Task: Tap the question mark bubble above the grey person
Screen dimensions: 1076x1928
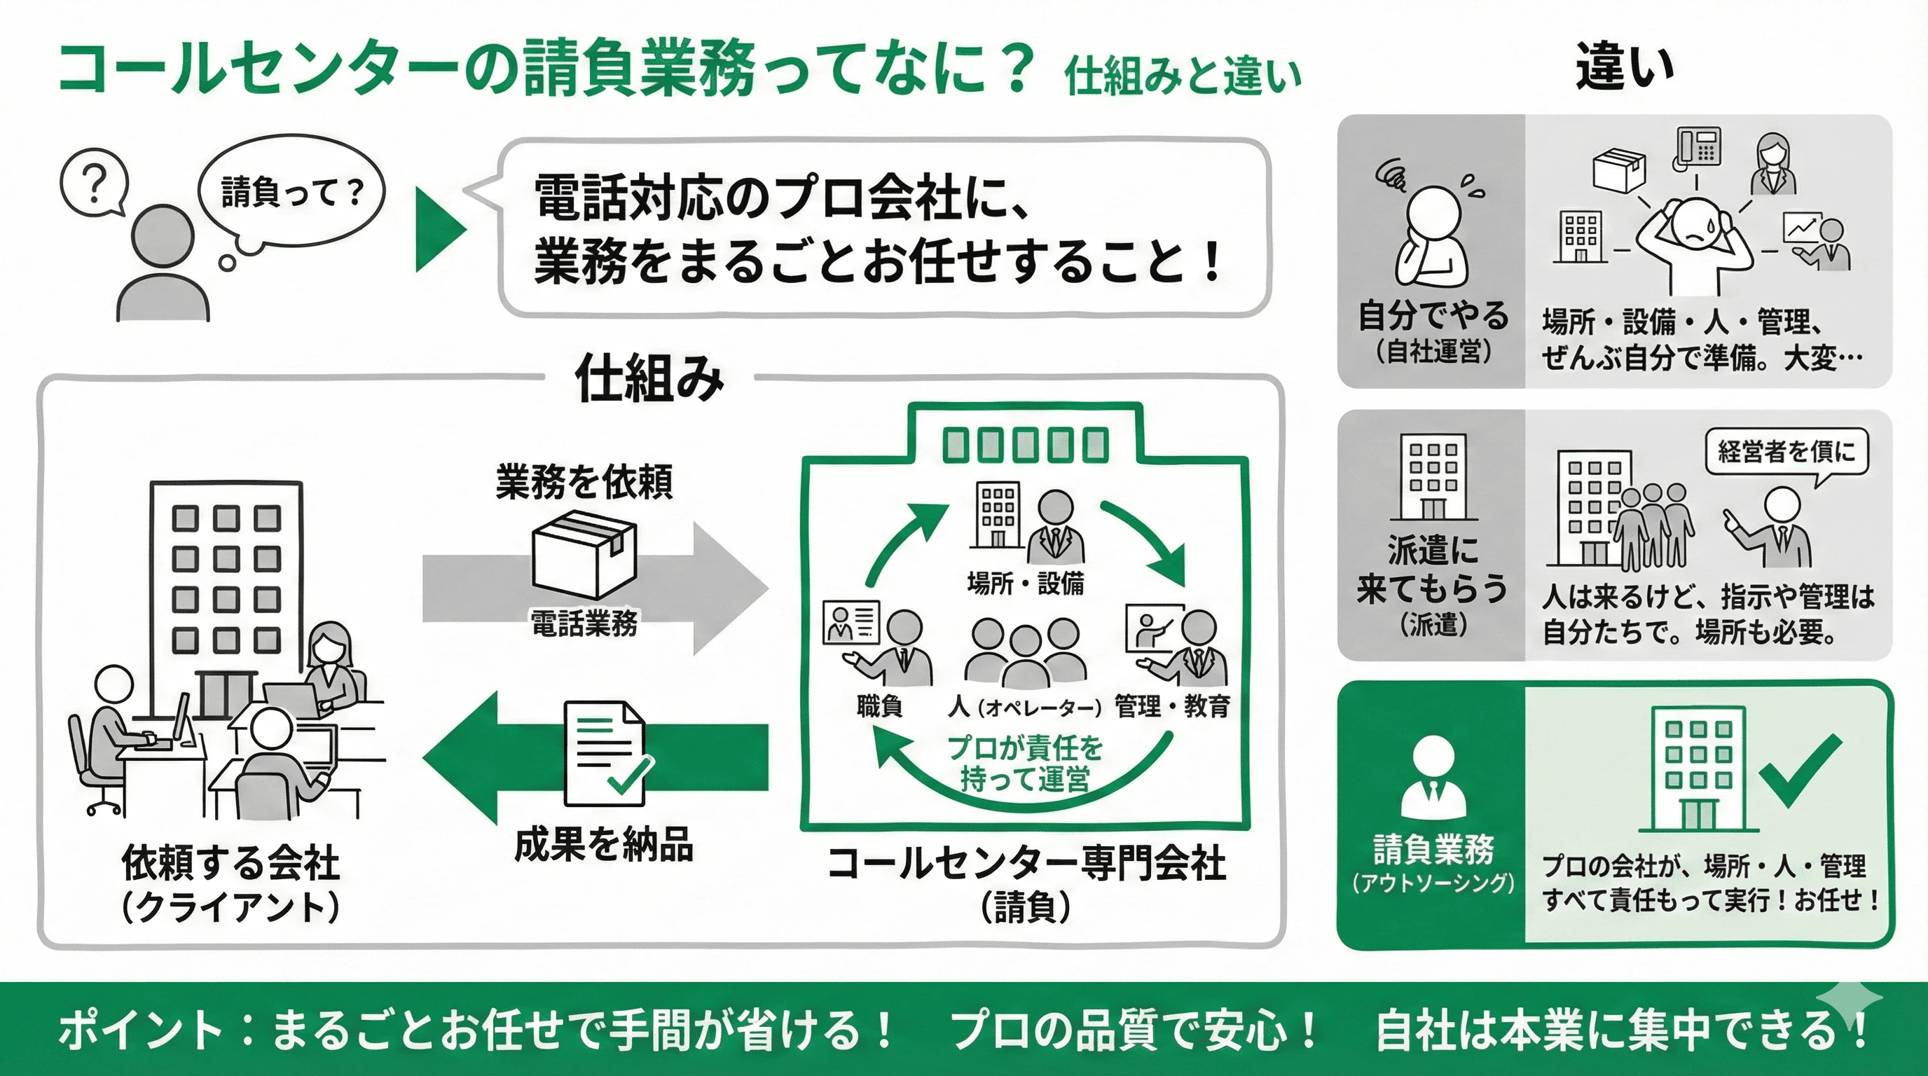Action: pos(94,182)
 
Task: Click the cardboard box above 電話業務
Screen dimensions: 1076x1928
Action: pos(584,554)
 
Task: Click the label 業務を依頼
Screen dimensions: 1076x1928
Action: pos(584,481)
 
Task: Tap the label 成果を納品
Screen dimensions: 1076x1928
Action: pos(603,845)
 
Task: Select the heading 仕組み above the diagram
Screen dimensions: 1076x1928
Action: pos(649,378)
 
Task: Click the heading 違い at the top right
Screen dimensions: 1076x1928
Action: pos(1623,67)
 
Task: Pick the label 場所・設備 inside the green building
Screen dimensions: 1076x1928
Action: pos(1025,583)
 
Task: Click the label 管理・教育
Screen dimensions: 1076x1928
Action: pos(1172,705)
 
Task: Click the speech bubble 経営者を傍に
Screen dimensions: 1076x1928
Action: pos(1786,451)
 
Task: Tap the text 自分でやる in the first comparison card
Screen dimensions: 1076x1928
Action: pos(1433,315)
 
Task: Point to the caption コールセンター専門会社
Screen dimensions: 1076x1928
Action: pos(1026,864)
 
